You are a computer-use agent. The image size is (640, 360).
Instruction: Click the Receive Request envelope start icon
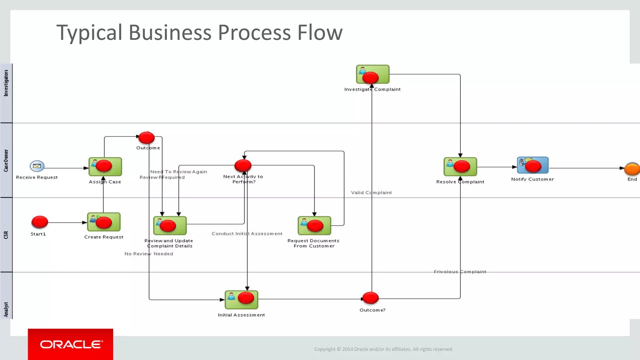[x=37, y=166]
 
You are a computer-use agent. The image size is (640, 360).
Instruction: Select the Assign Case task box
[x=105, y=167]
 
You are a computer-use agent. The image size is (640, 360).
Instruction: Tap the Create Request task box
[x=104, y=222]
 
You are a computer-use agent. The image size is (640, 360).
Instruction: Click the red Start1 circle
[x=40, y=222]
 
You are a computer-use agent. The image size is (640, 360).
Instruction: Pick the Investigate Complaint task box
[x=372, y=74]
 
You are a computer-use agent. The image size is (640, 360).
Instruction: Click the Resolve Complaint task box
[x=460, y=167]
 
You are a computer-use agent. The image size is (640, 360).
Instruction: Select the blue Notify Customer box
[x=532, y=165]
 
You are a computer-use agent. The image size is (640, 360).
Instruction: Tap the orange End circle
[x=632, y=169]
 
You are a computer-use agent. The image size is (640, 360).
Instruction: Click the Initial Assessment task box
[x=241, y=299]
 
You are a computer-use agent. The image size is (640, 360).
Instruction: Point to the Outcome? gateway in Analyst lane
[x=370, y=298]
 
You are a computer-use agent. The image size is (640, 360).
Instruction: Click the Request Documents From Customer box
[x=314, y=226]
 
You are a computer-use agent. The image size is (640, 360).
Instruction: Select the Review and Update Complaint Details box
[x=170, y=226]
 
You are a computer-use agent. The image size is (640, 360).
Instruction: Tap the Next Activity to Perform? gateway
[x=243, y=165]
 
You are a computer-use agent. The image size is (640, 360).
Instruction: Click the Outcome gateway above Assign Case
[x=146, y=137]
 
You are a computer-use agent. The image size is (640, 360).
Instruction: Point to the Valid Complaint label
[x=371, y=192]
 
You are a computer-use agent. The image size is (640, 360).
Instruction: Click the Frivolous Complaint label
[x=460, y=272]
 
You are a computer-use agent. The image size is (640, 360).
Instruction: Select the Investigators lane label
[x=6, y=83]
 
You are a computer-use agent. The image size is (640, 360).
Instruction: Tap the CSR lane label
[x=6, y=235]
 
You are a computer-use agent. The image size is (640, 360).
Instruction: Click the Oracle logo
[x=71, y=344]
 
